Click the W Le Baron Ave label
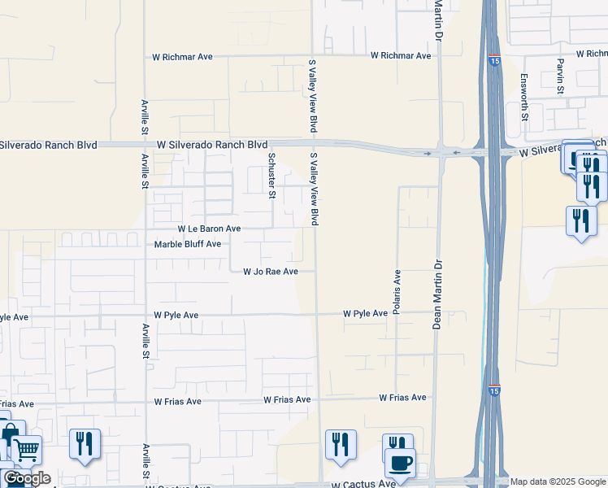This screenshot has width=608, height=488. [x=209, y=229]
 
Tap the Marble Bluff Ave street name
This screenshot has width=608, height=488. [x=188, y=244]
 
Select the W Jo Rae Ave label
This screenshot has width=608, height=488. [x=271, y=272]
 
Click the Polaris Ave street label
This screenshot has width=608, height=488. [x=397, y=292]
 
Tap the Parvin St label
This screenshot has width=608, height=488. [x=561, y=76]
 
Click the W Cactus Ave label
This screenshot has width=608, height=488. [x=361, y=483]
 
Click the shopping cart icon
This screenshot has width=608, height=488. [x=26, y=449]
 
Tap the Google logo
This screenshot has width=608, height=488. [x=27, y=478]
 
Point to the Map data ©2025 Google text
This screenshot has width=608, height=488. [x=557, y=481]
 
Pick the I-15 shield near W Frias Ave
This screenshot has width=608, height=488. [x=494, y=392]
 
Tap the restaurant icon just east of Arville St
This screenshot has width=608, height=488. [x=85, y=445]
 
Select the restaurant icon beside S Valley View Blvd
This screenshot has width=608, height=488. [x=340, y=445]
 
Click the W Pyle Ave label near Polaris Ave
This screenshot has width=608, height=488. [x=365, y=313]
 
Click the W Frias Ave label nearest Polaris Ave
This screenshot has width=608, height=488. [x=402, y=398]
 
